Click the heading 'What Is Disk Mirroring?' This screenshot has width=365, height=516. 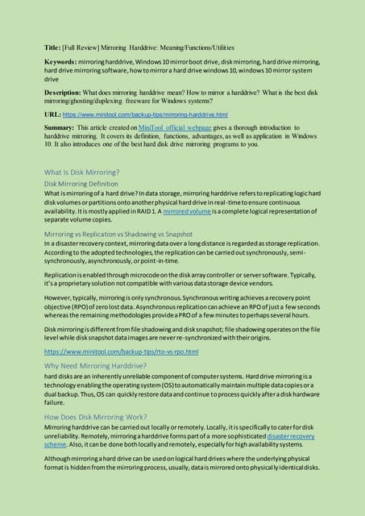81,172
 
